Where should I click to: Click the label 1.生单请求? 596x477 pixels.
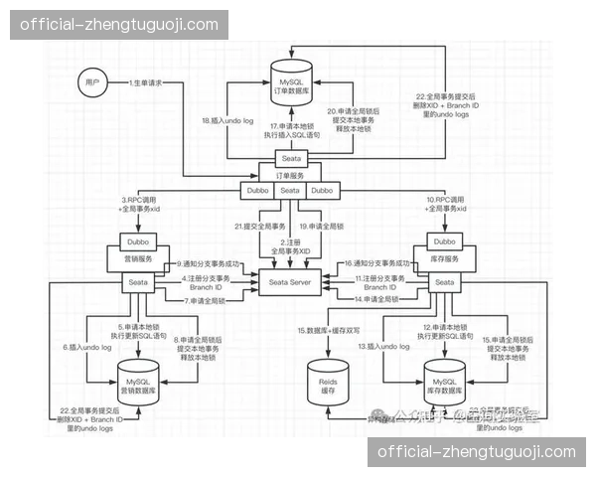click(x=146, y=83)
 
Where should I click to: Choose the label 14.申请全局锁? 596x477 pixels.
click(x=375, y=299)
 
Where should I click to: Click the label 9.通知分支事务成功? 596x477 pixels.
click(x=207, y=264)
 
